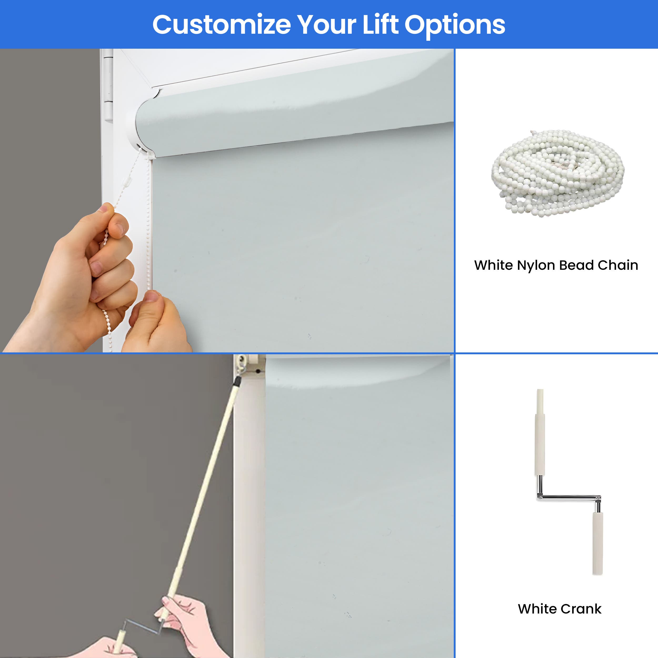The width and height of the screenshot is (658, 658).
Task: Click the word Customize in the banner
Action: pos(221,24)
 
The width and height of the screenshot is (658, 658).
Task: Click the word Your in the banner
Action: pos(326,24)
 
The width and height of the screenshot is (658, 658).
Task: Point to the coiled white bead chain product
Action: pos(557,173)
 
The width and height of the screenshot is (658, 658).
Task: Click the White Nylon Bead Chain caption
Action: pos(556,265)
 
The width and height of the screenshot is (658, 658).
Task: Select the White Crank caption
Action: pos(560,609)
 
